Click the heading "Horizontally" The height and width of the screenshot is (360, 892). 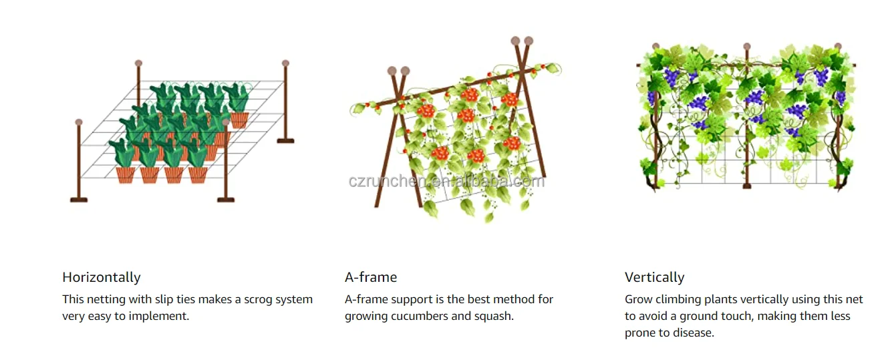[102, 277]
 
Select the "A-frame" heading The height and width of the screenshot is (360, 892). [371, 277]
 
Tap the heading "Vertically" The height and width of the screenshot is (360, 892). [654, 277]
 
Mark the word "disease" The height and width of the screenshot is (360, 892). [693, 333]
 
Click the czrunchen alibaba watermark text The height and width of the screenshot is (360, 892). [446, 181]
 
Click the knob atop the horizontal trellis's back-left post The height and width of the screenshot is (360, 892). [138, 63]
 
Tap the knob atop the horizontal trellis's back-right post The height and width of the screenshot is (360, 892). [285, 63]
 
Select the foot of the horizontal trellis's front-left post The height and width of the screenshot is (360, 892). [79, 199]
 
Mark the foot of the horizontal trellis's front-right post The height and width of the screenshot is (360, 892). [225, 199]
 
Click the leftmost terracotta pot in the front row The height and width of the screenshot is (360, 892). [126, 175]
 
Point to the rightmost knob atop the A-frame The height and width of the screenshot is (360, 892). [529, 41]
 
